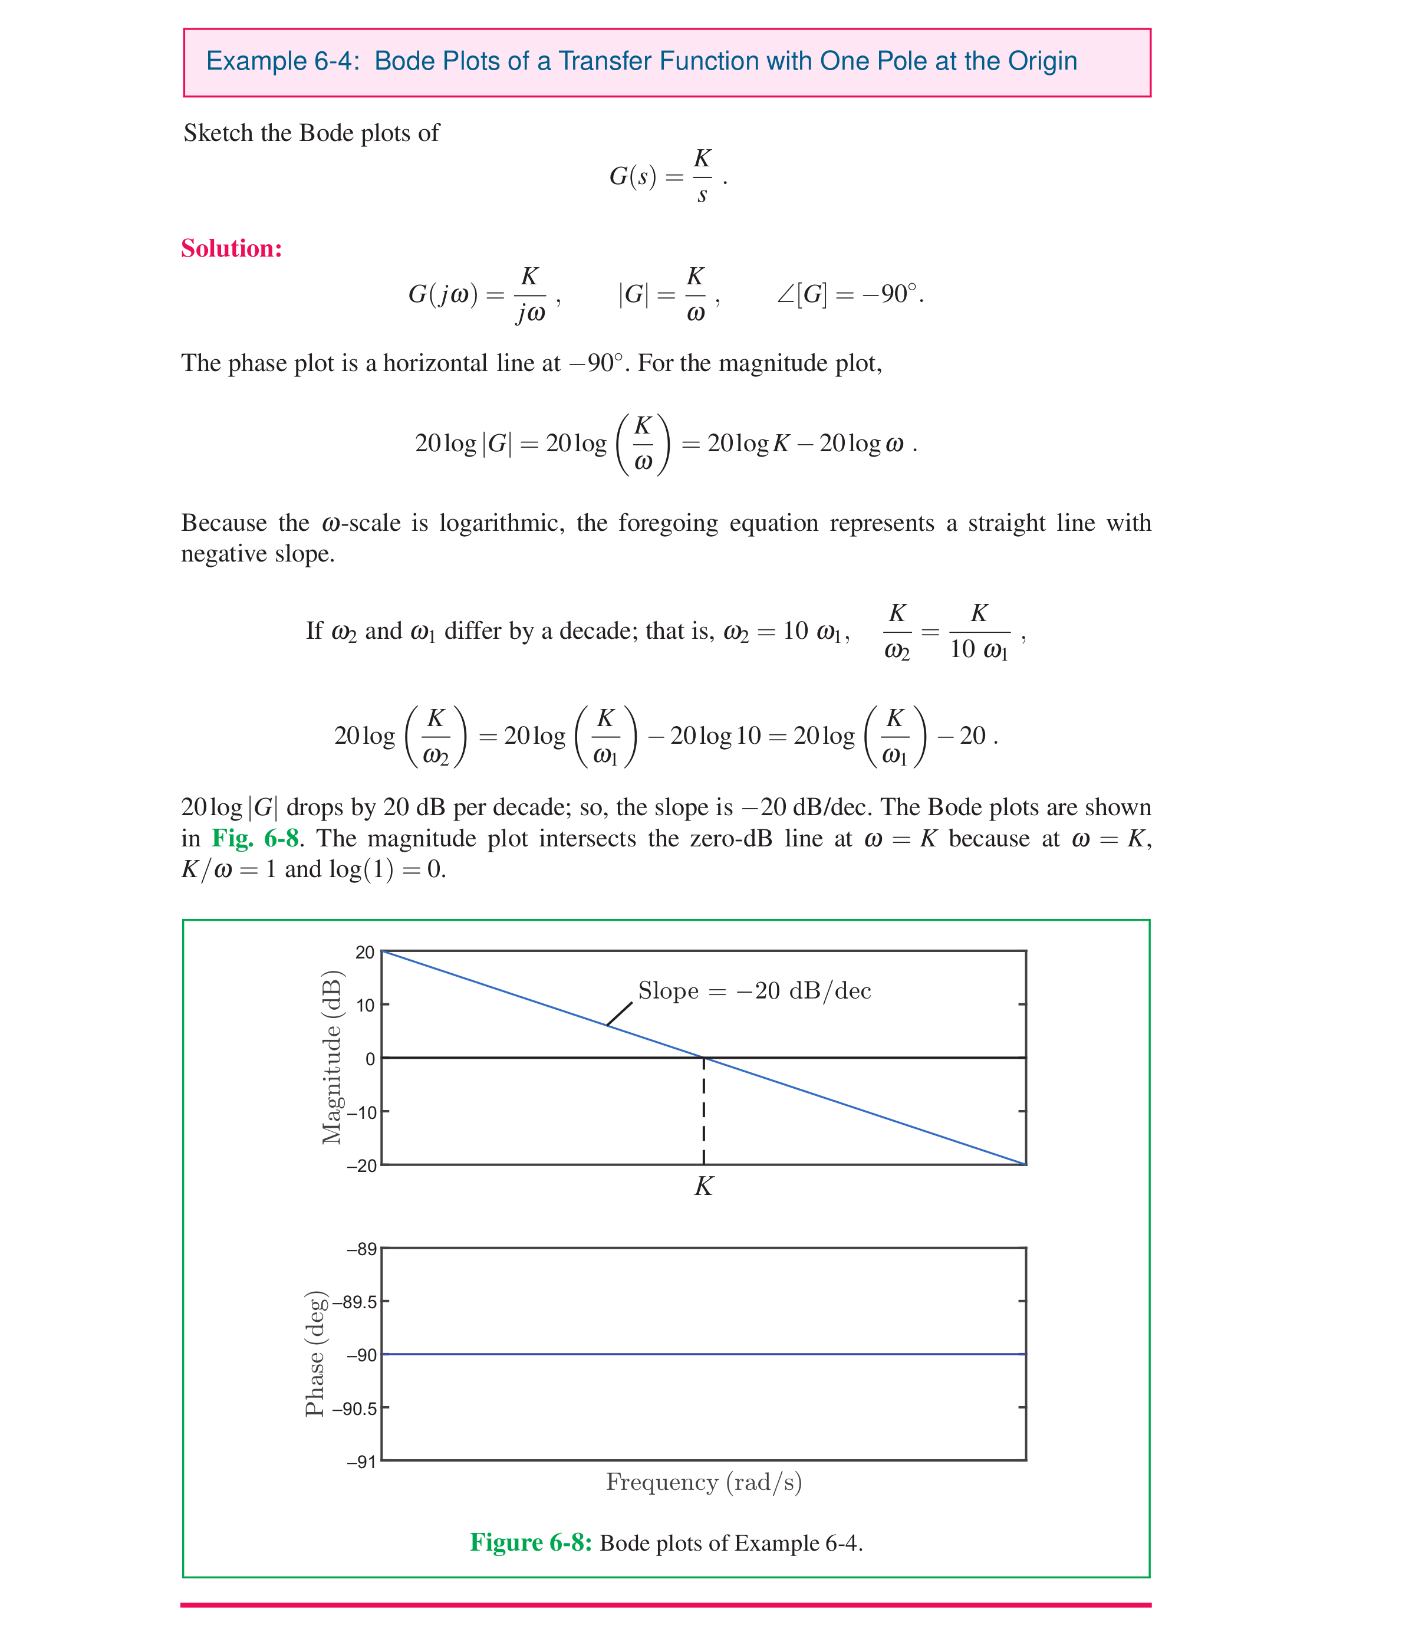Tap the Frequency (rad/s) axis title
click(704, 1482)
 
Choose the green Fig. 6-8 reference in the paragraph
click(255, 838)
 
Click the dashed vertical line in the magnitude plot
click(704, 1111)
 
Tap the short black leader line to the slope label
click(620, 1013)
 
